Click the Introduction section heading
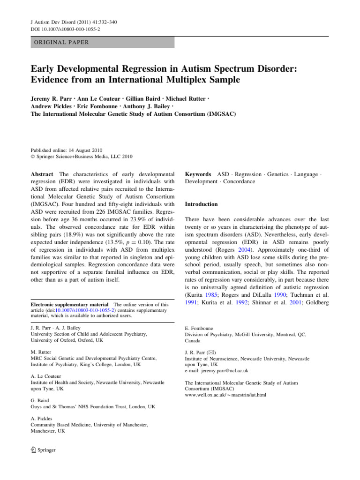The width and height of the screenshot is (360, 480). pos(202,204)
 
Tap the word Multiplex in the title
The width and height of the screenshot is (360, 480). pos(165,80)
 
